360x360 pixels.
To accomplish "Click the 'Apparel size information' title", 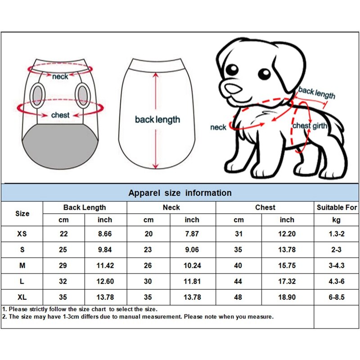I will coord(180,193).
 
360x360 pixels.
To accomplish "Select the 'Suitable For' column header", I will coord(337,207).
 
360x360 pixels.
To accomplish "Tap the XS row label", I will coord(22,234).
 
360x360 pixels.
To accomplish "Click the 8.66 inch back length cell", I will coord(105,234).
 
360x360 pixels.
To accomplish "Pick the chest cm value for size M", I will coord(238,265).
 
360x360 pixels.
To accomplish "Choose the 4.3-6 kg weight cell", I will coord(337,281).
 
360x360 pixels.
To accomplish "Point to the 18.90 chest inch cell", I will coord(287,297).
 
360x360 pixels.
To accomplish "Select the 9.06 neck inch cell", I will coord(192,250).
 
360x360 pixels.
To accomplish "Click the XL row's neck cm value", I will coord(148,297).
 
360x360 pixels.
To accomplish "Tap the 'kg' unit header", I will coord(337,220).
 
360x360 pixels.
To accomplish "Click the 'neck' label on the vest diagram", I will coord(60,76).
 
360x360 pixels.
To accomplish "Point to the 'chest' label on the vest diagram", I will coord(60,115).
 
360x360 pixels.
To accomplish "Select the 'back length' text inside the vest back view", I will coord(157,120).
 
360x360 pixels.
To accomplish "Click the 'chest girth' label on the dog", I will coord(310,126).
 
